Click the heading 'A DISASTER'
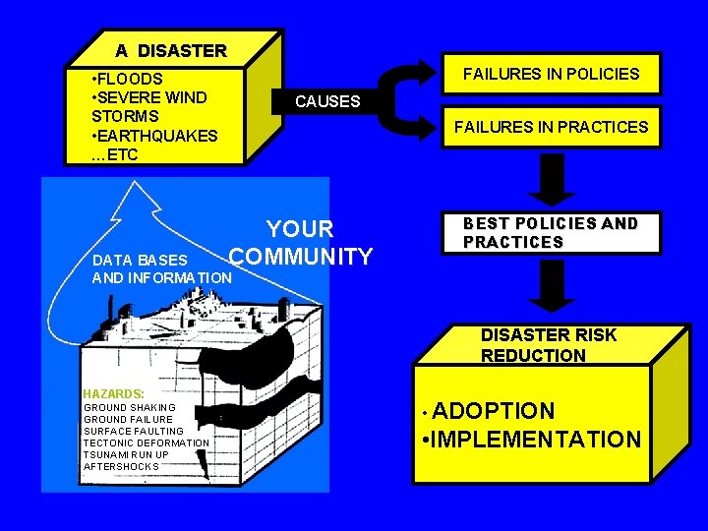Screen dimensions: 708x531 (170, 50)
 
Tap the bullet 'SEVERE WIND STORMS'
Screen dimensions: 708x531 (147, 106)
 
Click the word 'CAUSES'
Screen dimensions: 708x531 (327, 101)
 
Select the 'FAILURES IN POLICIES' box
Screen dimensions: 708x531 (551, 74)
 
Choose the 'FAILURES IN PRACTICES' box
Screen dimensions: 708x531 (551, 127)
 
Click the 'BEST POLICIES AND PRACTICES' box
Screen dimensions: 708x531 (551, 233)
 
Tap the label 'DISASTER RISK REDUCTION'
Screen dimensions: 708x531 (549, 345)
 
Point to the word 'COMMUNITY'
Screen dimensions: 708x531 (301, 258)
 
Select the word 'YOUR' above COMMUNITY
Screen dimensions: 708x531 (301, 229)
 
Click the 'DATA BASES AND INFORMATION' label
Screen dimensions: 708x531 (160, 269)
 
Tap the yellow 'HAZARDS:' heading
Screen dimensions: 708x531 (114, 393)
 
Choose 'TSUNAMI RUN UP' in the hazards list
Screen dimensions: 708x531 (126, 454)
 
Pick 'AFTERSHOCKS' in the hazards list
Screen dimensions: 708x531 (121, 466)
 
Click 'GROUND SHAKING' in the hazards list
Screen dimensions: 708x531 (130, 407)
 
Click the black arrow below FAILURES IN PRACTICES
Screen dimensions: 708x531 (554, 179)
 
